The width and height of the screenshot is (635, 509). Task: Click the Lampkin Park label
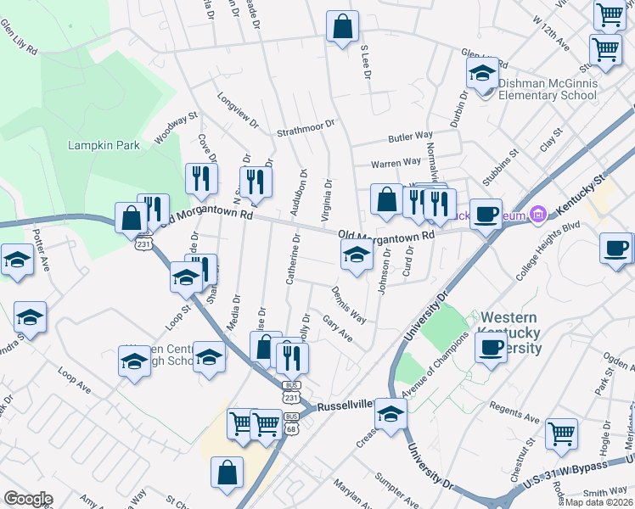[104, 145]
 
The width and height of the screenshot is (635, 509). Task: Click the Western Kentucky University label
[510, 332]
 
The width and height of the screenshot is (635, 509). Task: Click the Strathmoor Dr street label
[306, 133]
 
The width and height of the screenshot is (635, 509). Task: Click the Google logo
[28, 498]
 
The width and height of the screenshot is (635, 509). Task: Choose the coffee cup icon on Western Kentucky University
[490, 346]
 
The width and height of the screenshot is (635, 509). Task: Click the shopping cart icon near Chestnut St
[561, 433]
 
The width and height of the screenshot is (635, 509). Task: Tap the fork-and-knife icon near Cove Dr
[200, 177]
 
